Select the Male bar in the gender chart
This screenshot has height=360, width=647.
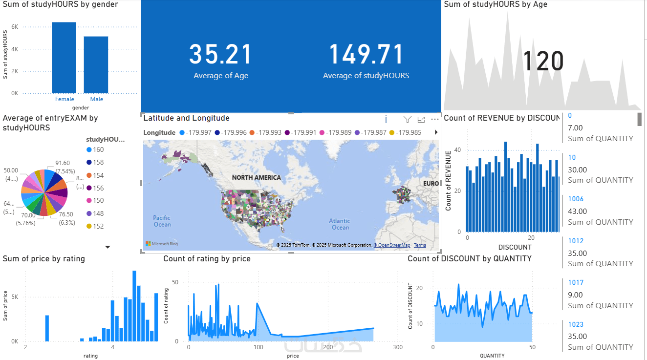click(x=96, y=64)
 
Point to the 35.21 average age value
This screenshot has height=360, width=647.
click(x=220, y=54)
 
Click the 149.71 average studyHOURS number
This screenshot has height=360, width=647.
click(x=366, y=54)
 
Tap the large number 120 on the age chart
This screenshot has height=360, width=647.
click(x=543, y=62)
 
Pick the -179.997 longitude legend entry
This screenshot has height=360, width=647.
click(x=195, y=132)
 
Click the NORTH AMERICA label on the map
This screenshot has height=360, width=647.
click(x=256, y=177)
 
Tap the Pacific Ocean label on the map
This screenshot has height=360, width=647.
click(x=162, y=221)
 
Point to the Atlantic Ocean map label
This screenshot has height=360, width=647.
click(x=340, y=224)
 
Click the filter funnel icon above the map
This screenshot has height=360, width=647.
click(x=407, y=119)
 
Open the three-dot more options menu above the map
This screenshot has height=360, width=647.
click(x=435, y=119)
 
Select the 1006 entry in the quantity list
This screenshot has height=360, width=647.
click(x=576, y=199)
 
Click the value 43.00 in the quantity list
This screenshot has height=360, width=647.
click(x=577, y=212)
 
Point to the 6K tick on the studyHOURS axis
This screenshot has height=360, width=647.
click(x=15, y=27)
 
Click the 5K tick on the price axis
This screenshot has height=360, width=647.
click(x=15, y=297)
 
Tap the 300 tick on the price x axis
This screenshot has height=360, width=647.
click(x=398, y=347)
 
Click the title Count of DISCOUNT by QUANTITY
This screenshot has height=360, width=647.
click(x=469, y=258)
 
